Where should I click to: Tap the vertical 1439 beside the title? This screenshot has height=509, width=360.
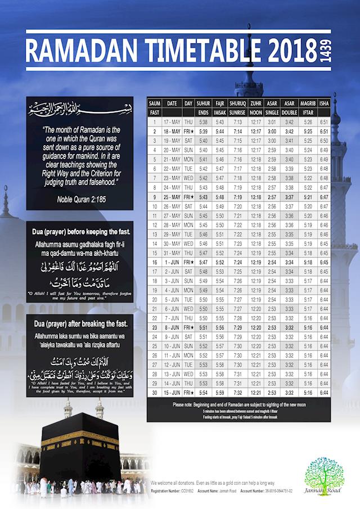pyautogui.click(x=325, y=51)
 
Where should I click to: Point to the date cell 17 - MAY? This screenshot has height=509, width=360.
pyautogui.click(x=172, y=122)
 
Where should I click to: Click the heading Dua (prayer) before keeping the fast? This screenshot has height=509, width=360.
pyautogui.click(x=82, y=232)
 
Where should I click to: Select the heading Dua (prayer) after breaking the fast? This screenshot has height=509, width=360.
pyautogui.click(x=82, y=325)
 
